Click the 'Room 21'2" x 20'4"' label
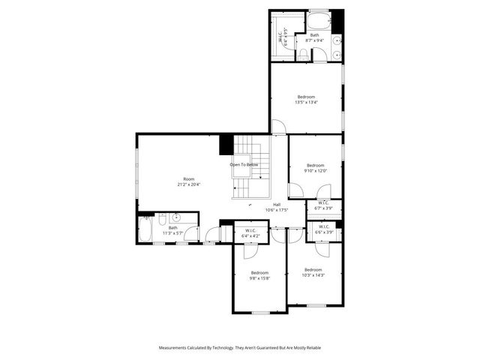(188, 181)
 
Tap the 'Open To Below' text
(244, 165)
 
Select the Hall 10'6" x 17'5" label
(276, 207)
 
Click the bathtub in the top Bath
(318, 20)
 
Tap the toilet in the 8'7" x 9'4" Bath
(303, 53)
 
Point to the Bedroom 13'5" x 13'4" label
(306, 100)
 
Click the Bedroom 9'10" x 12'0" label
(315, 168)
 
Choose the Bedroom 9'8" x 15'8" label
(259, 275)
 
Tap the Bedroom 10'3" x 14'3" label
(313, 272)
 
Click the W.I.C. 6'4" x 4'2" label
(250, 233)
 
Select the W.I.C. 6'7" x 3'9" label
(324, 205)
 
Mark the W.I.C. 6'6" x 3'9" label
(324, 229)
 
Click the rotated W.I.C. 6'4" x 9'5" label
(283, 37)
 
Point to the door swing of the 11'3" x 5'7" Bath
(192, 234)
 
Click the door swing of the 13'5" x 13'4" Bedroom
(277, 127)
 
